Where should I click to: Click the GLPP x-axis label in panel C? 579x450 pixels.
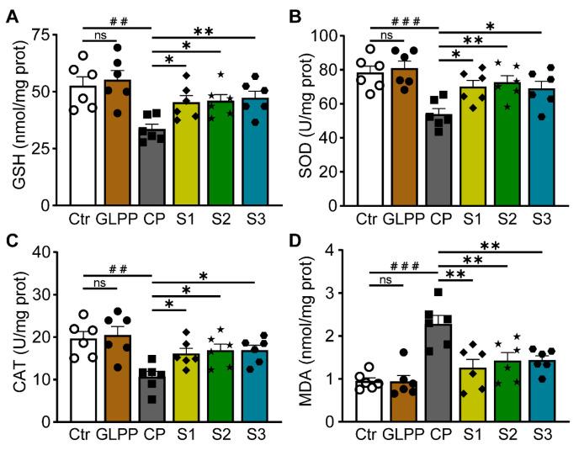tap(128, 437)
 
